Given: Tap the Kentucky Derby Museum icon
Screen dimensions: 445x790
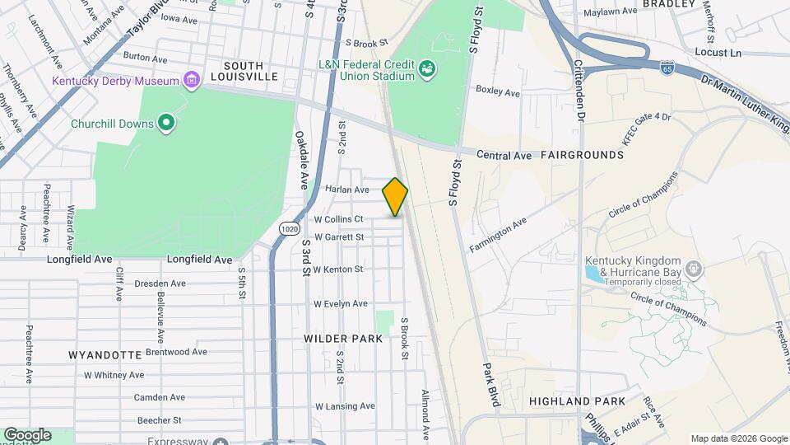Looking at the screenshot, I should (x=191, y=80).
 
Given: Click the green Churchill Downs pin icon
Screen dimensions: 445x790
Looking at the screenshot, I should (x=166, y=124).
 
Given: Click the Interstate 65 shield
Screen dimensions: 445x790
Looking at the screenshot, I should (x=667, y=68).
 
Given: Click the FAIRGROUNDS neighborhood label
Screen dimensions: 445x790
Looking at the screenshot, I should (x=583, y=155).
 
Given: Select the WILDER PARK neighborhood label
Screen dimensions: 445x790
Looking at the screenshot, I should (x=343, y=339).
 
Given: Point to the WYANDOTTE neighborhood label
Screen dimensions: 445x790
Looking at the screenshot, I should (x=105, y=355).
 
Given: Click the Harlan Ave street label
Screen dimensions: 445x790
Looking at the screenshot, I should (x=347, y=189).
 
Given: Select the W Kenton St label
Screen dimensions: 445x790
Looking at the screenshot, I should (x=339, y=269).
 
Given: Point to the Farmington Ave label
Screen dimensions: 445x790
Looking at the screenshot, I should (x=498, y=236).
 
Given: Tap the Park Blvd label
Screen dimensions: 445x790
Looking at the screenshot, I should (x=492, y=386).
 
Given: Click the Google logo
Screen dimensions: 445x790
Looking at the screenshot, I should (x=27, y=434).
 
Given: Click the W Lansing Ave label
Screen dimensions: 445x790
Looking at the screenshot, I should (x=345, y=406).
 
